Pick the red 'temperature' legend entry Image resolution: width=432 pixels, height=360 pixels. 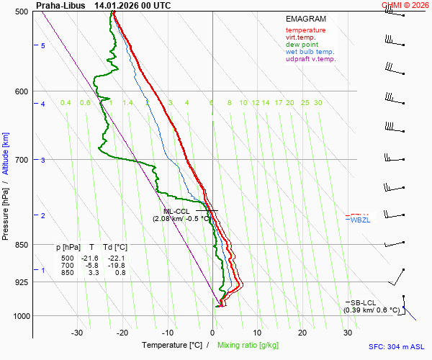tap(305, 30)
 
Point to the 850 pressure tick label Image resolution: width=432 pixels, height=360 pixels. tap(21, 245)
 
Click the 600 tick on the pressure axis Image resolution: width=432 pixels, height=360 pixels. tap(21, 91)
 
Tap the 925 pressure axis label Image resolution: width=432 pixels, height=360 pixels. tap(21, 282)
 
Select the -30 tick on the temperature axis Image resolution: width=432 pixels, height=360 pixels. tap(77, 333)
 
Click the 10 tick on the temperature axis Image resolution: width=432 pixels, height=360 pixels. tap(257, 333)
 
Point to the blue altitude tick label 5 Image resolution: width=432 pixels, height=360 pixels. tap(43, 45)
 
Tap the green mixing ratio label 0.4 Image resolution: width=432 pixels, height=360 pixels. tap(66, 103)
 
